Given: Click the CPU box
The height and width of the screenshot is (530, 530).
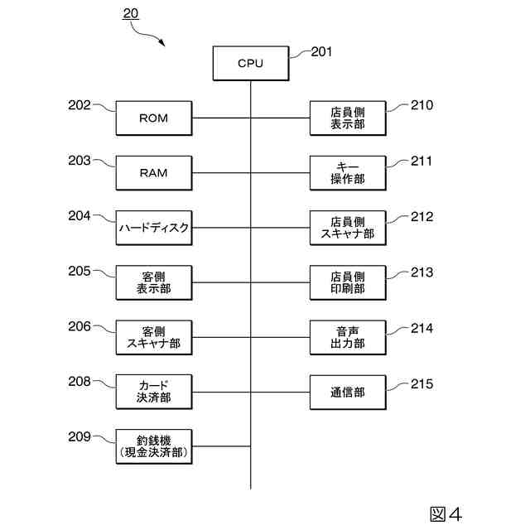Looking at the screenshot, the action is click(x=251, y=63).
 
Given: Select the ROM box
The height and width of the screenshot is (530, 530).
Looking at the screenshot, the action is click(x=154, y=118).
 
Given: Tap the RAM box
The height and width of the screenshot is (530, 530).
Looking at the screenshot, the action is click(x=154, y=173).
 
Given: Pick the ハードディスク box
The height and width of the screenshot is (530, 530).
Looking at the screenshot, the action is click(x=154, y=228).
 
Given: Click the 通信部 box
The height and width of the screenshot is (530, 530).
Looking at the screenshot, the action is click(x=348, y=392).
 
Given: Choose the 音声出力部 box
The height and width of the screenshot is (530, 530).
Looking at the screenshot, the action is click(x=348, y=337).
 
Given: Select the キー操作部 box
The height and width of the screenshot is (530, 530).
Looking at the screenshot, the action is click(x=348, y=173).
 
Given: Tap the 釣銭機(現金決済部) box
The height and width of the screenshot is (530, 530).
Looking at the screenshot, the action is click(x=154, y=446).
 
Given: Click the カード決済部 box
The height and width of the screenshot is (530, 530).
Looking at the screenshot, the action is click(x=154, y=392).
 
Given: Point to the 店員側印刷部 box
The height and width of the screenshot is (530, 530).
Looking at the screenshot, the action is click(x=348, y=282).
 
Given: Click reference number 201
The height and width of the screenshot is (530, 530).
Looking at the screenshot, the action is click(x=321, y=52).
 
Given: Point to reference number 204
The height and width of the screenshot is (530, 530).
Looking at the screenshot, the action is click(x=79, y=215).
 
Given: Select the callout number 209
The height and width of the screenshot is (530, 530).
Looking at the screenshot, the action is click(x=79, y=436).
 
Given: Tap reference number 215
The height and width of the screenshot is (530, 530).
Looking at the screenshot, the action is click(x=422, y=384).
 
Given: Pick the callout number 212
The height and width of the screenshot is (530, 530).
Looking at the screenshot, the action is click(x=422, y=217).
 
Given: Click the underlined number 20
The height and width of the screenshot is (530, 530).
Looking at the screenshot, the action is click(x=131, y=13).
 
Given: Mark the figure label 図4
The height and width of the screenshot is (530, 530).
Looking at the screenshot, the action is click(x=446, y=514).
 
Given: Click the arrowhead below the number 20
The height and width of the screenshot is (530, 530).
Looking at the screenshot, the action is click(x=162, y=42).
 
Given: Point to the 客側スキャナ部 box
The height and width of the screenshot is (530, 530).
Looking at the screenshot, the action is click(x=154, y=337).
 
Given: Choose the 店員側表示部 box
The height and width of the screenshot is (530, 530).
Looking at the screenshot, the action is click(x=348, y=118).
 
